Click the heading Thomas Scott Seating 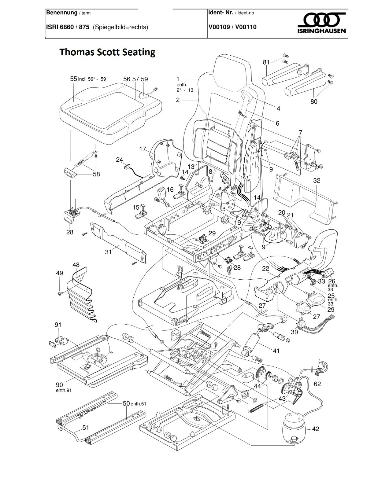point(107,52)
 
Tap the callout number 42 point(316,429)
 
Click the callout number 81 point(266,62)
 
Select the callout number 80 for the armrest point(314,101)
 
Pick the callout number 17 point(143,149)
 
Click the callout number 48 point(76,265)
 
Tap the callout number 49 point(59,273)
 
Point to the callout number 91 point(58,325)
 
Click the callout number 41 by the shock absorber point(276,351)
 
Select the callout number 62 point(317,384)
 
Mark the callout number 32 point(317,180)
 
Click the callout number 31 point(108,252)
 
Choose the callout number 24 point(119,160)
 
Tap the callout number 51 point(86,427)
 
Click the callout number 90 point(59,385)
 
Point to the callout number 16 point(170,189)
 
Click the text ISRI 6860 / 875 point(68,27)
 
